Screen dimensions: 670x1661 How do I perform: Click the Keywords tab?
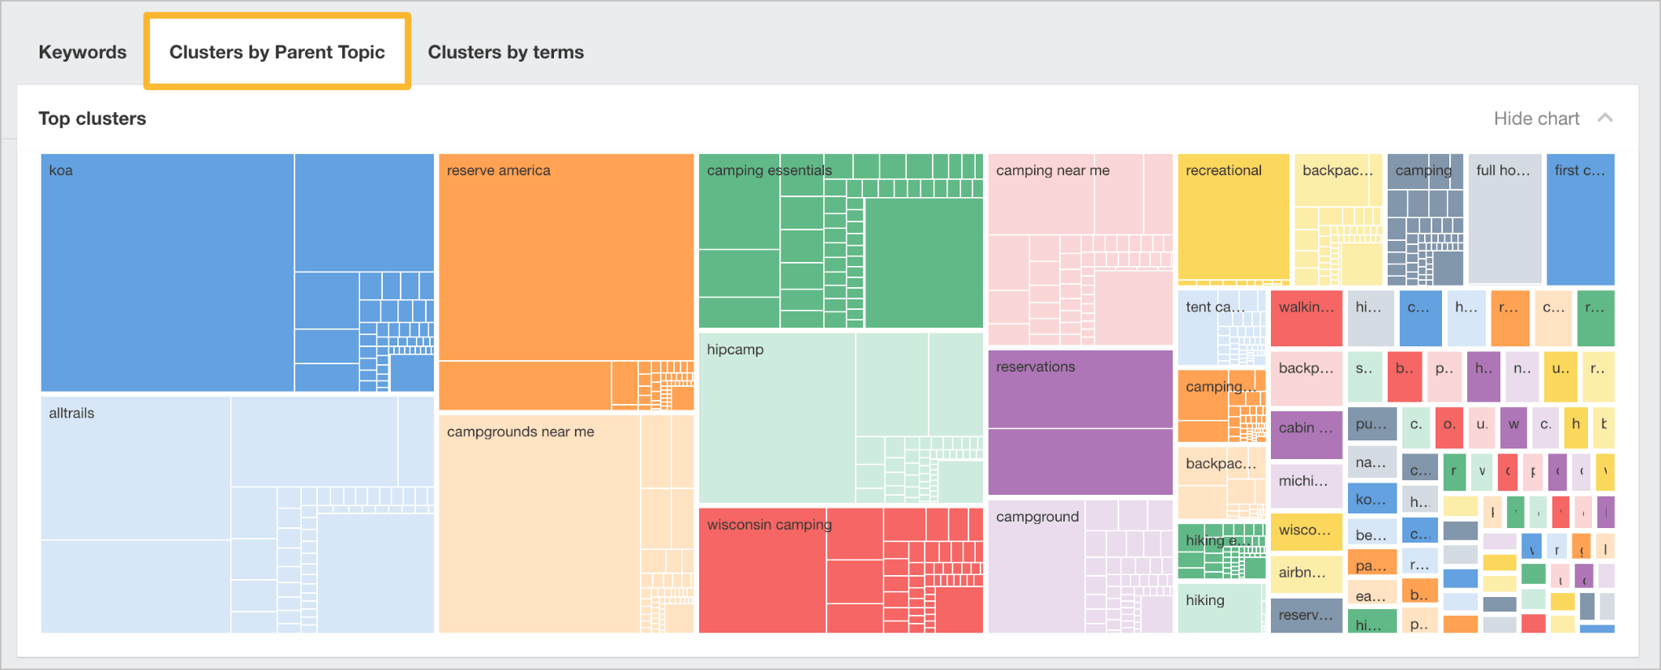(83, 52)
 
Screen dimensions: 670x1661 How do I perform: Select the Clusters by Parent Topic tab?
(277, 52)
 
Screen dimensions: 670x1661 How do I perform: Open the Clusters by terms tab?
(505, 52)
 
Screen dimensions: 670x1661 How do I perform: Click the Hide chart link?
(1536, 118)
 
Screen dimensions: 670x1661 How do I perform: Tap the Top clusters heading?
(92, 118)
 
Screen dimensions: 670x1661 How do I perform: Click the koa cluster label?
(61, 170)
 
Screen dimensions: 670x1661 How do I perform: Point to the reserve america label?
(498, 170)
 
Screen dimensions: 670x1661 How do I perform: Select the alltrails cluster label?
(71, 413)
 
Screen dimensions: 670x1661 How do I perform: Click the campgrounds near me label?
(520, 432)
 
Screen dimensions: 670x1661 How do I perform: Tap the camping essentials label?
(769, 170)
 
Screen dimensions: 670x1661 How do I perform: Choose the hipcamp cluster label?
(735, 350)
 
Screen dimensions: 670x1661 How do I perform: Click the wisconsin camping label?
(769, 525)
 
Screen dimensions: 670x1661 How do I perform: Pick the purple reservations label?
(1035, 367)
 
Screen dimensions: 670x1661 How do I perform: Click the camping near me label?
(1052, 170)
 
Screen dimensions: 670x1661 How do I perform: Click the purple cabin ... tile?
(1306, 428)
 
